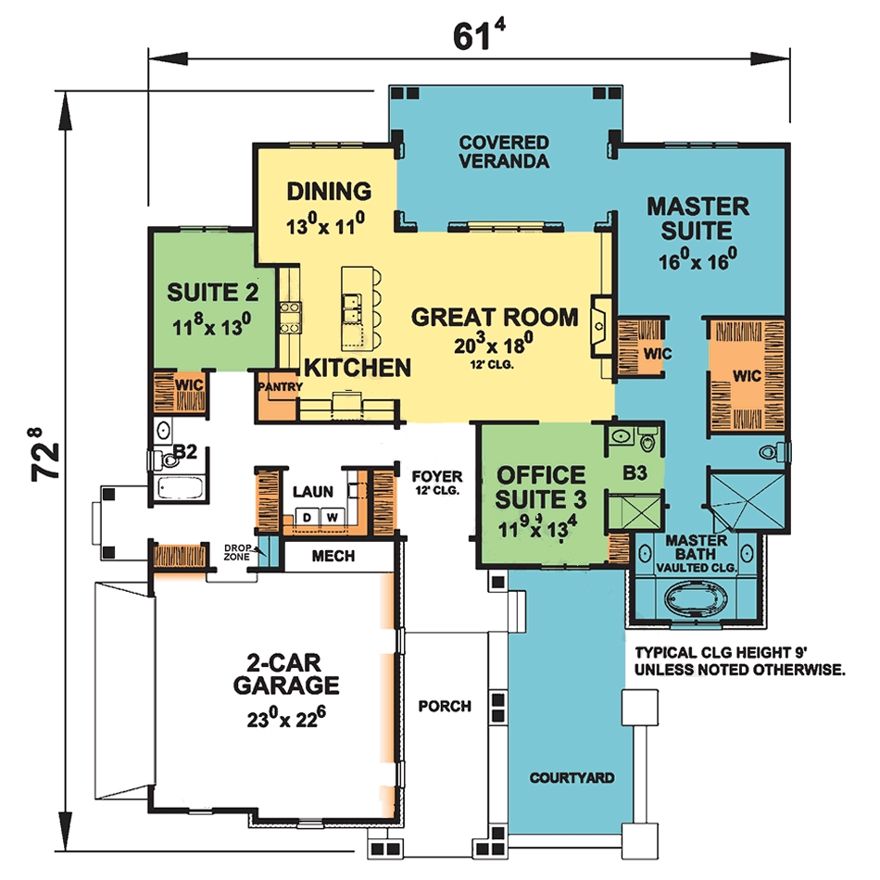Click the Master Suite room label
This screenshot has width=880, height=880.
pos(698,217)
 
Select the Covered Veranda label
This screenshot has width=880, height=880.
pos(504,152)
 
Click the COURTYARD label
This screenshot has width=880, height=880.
pos(572,778)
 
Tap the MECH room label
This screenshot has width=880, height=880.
pos(333,556)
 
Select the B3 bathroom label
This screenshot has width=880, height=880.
pos(634,474)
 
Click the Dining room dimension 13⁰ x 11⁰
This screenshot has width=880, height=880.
pos(329,222)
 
